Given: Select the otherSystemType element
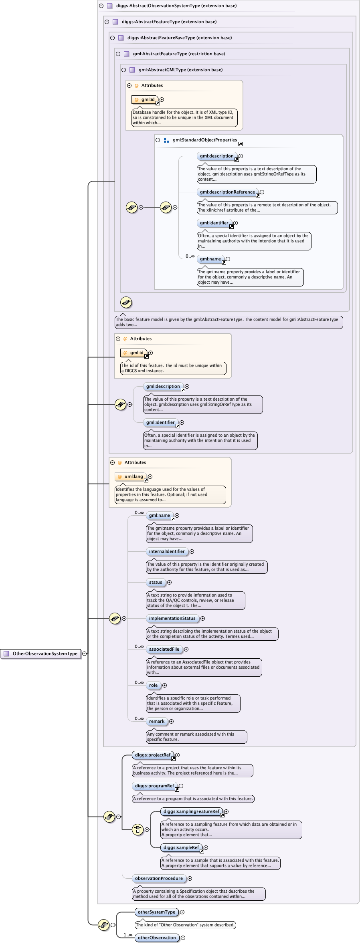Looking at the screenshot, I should (x=156, y=912).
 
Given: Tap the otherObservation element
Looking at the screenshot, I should (x=157, y=938).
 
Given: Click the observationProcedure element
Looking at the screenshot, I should (x=159, y=878).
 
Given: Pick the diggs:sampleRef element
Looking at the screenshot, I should (x=181, y=847).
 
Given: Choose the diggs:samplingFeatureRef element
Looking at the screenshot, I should (x=191, y=811).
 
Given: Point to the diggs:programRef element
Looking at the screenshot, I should (x=154, y=786).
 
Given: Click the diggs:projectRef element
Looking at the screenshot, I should (x=153, y=755).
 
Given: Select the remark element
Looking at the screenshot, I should (x=157, y=721).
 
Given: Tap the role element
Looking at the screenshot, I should (x=154, y=685).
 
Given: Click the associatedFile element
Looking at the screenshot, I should (x=164, y=649).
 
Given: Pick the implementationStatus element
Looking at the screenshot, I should (x=172, y=618).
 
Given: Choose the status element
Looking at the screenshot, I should (x=156, y=582).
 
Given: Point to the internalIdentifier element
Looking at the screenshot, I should (x=167, y=551).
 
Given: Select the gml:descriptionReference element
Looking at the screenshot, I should (x=227, y=192).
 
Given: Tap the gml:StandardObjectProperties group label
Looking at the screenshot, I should (x=204, y=140).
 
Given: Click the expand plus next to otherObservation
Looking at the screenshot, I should (x=183, y=938).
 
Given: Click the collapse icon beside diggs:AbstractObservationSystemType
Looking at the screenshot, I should (x=101, y=6).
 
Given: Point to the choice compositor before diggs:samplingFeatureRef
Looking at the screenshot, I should (x=138, y=829).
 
